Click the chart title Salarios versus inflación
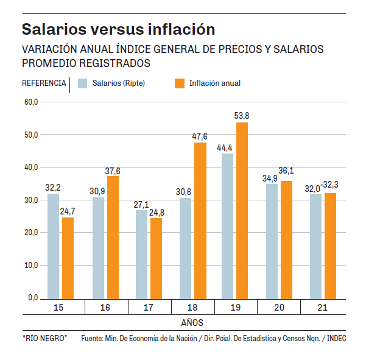(118, 29)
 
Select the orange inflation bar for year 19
(242, 210)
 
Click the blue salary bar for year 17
(141, 254)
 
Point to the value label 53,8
(242, 115)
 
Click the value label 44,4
(224, 147)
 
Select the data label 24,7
(68, 211)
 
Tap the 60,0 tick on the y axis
(30, 102)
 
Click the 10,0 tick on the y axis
(30, 266)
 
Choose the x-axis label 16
(105, 308)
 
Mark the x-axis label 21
(323, 308)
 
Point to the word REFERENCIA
(44, 83)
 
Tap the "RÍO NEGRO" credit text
(44, 338)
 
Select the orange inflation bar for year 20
(286, 239)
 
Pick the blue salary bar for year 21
(315, 246)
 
